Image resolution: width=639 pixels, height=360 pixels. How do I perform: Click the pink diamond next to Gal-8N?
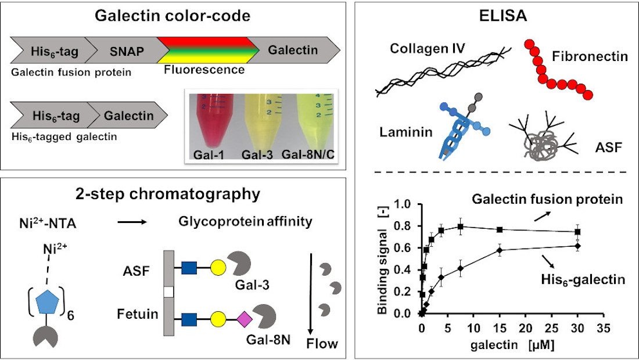(243, 318)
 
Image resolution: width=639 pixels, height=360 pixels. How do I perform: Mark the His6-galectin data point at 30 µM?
(577, 246)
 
